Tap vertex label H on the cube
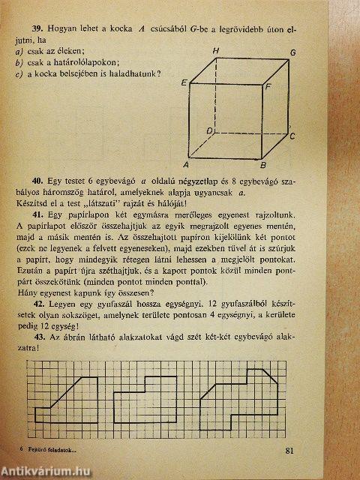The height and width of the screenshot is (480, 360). pyautogui.click(x=215, y=50)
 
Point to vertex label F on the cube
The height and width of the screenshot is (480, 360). pyautogui.click(x=268, y=87)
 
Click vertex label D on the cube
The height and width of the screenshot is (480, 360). pyautogui.click(x=211, y=130)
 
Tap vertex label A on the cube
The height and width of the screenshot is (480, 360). pyautogui.click(x=185, y=165)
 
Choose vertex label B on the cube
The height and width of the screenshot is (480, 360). pyautogui.click(x=262, y=166)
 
